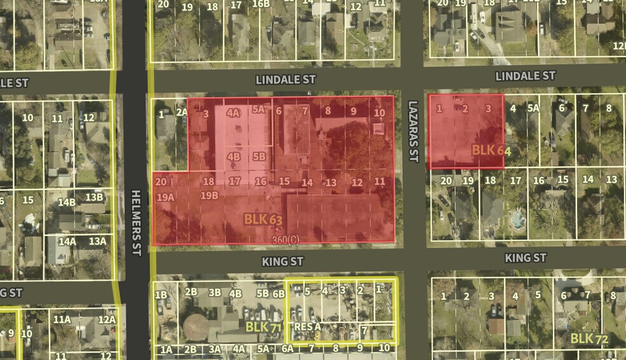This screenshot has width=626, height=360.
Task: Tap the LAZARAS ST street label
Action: pos(413,131)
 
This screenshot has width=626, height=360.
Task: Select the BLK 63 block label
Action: pos(263,219)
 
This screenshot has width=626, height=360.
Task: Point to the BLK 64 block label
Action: pos(491,150)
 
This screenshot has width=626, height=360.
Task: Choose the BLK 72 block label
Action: pos(589,338)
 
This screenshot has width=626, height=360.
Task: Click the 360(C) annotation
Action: pos(285,239)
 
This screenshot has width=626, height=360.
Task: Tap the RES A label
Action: pos(307,326)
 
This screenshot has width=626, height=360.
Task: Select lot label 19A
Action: pos(165,197)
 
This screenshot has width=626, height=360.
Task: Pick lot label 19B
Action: pos(209,195)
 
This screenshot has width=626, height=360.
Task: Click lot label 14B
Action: pos(67,202)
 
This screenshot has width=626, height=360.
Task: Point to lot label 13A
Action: pos(97,241)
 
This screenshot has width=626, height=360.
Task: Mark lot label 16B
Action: pos(261,4)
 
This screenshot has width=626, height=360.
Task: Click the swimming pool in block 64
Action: pos(517,221)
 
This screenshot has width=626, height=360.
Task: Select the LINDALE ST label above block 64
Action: pos(525,76)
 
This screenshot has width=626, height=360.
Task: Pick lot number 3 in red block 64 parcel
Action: pos(488,108)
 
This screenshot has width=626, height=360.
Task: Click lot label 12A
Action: pos(106,320)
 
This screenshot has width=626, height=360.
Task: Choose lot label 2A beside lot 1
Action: pos(181,113)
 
